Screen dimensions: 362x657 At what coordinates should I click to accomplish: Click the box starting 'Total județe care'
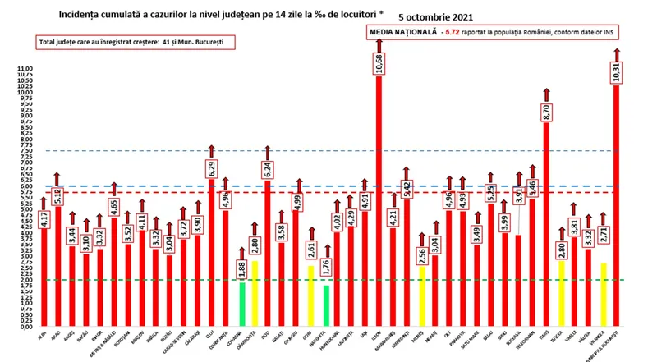coord(131,41)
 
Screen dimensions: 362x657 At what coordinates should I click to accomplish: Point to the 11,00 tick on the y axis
coord(25,68)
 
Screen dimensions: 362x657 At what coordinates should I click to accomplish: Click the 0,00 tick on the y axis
coord(25,327)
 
